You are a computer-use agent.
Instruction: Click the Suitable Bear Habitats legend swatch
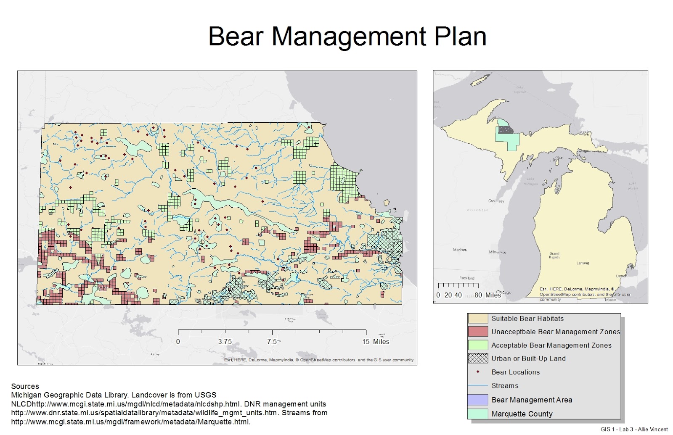(x=478, y=319)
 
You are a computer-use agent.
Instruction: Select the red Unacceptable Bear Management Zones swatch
(x=478, y=332)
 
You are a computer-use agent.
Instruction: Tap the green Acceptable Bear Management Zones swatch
(x=478, y=345)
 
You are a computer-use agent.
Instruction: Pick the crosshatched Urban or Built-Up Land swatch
(x=478, y=359)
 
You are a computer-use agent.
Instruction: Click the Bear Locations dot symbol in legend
(x=478, y=372)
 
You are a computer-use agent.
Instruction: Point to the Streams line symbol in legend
(x=478, y=385)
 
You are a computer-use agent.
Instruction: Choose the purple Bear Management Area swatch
(x=478, y=400)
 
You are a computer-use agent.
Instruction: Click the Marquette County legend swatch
(x=478, y=414)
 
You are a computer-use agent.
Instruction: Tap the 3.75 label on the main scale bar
(x=225, y=342)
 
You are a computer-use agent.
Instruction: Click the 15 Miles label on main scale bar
(x=376, y=342)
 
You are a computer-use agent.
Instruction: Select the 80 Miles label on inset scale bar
(x=488, y=295)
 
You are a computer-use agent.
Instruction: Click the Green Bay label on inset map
(x=496, y=201)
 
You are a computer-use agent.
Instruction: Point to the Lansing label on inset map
(x=583, y=263)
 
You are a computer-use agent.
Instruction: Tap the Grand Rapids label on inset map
(x=554, y=255)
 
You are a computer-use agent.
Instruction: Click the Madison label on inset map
(x=459, y=250)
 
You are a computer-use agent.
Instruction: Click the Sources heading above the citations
(x=25, y=386)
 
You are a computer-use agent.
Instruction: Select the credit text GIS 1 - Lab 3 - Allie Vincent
(x=634, y=429)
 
